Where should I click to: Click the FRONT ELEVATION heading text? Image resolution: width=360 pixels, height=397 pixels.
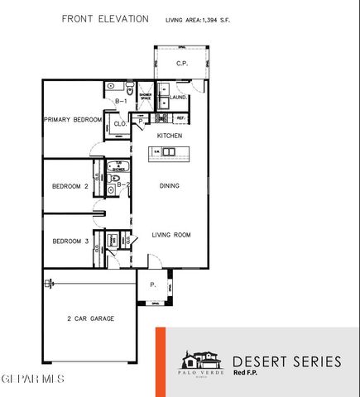[105, 17]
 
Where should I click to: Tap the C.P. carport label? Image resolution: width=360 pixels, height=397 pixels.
[182, 64]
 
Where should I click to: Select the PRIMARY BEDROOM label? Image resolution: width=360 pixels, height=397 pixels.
[72, 120]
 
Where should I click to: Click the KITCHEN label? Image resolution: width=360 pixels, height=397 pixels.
[170, 136]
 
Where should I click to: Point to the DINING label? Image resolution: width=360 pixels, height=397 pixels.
[170, 186]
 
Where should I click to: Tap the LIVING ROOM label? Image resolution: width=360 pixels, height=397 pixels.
[171, 235]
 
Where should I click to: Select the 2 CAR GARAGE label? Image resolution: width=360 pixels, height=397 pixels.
[90, 318]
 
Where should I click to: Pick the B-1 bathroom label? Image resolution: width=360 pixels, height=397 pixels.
[120, 101]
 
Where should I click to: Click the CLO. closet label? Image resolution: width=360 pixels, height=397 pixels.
[118, 125]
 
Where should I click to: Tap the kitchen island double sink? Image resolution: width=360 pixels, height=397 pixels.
[169, 152]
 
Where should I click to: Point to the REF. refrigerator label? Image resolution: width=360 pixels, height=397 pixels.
[180, 117]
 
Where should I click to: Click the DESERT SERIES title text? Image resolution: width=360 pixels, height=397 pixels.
[286, 361]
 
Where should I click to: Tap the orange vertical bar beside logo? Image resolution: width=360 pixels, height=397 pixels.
[161, 361]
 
